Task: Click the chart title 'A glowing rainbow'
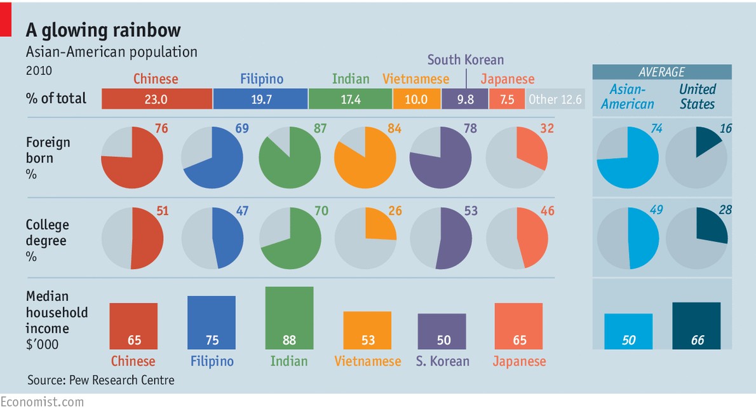(103, 30)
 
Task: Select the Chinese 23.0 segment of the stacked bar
(156, 99)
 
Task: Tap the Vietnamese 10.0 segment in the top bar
(416, 99)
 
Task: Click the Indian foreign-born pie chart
(290, 157)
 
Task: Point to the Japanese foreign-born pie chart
(516, 157)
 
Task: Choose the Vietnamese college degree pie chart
(365, 239)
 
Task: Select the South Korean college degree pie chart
(441, 239)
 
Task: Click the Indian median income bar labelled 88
(289, 317)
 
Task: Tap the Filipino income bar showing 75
(211, 322)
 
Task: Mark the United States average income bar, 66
(696, 325)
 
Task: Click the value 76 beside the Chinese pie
(162, 129)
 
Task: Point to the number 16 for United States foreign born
(726, 129)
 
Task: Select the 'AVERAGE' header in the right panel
(662, 72)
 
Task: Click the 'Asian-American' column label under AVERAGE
(627, 97)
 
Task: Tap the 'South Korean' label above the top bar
(465, 60)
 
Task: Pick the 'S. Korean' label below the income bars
(443, 361)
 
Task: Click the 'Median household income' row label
(57, 320)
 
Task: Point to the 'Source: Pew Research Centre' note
(100, 380)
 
